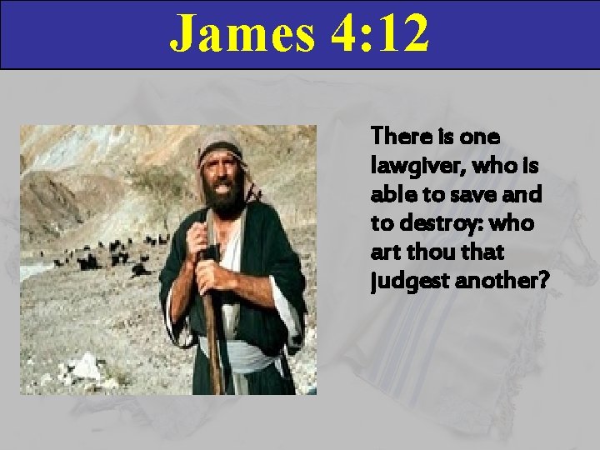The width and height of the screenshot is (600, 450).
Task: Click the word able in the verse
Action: (x=389, y=194)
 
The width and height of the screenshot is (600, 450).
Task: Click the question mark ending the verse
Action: (x=543, y=282)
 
